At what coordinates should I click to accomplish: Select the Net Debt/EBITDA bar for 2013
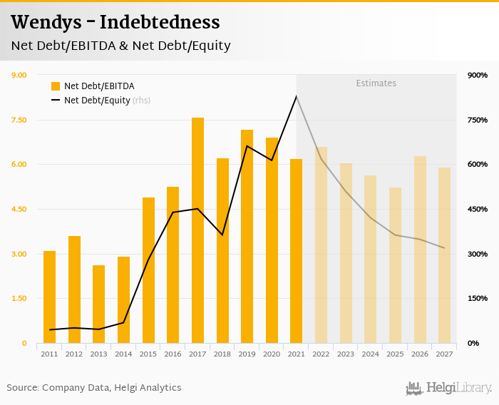click(x=99, y=304)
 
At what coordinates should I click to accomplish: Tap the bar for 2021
click(x=296, y=251)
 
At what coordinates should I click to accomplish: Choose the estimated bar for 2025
click(x=395, y=265)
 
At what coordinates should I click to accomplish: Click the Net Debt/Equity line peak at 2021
click(x=296, y=96)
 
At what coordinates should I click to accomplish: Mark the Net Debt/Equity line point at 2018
click(x=222, y=235)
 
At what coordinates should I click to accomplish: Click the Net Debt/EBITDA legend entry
click(x=93, y=86)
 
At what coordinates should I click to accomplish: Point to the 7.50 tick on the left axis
click(x=19, y=120)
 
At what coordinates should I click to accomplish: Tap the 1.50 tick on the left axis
click(x=19, y=299)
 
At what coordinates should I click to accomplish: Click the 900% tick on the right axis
click(x=478, y=76)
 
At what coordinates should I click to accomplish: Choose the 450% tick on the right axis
click(x=478, y=210)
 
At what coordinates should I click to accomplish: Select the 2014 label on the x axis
click(x=123, y=354)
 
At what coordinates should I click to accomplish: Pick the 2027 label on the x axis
click(x=444, y=354)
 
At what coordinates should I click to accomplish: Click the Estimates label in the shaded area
click(x=376, y=83)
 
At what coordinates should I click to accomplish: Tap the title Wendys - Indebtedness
click(x=115, y=21)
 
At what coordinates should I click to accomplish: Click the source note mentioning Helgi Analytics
click(x=94, y=388)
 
